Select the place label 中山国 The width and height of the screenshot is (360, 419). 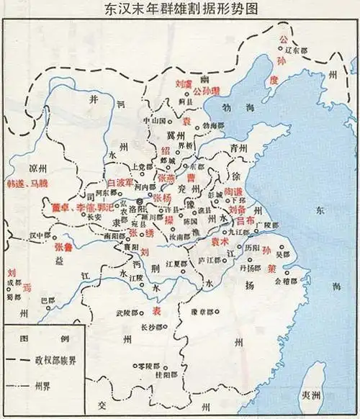(x=154, y=120)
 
